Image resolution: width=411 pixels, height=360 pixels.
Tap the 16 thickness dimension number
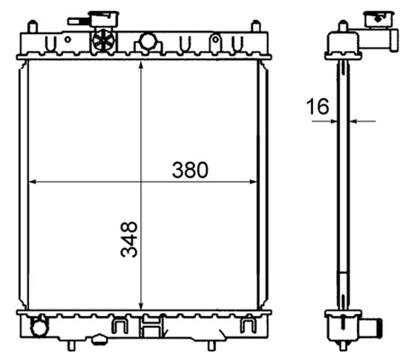click(316, 108)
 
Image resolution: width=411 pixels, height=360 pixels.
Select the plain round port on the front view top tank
click(147, 41)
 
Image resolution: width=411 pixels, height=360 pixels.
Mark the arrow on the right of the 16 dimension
click(360, 120)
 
